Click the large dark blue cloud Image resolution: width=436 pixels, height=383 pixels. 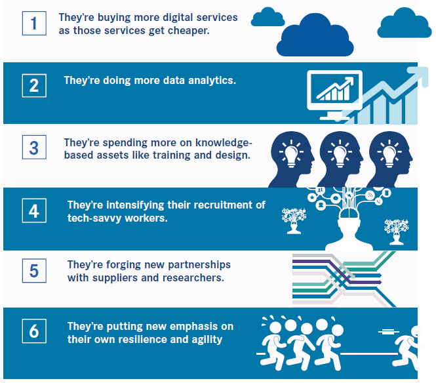(x=315, y=36)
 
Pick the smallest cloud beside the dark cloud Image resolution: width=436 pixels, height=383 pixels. (x=268, y=17)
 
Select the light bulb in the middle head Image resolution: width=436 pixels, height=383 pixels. (x=340, y=153)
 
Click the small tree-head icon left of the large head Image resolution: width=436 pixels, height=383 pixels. (x=294, y=220)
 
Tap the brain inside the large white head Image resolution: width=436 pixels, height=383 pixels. (x=349, y=213)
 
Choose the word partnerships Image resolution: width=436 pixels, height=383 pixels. (x=199, y=264)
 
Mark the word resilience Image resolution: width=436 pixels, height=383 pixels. (x=148, y=339)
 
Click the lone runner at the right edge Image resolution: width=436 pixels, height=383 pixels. (x=406, y=348)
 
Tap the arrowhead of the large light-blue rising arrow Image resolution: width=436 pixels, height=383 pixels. (x=418, y=75)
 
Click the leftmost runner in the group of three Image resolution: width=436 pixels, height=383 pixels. (x=273, y=345)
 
